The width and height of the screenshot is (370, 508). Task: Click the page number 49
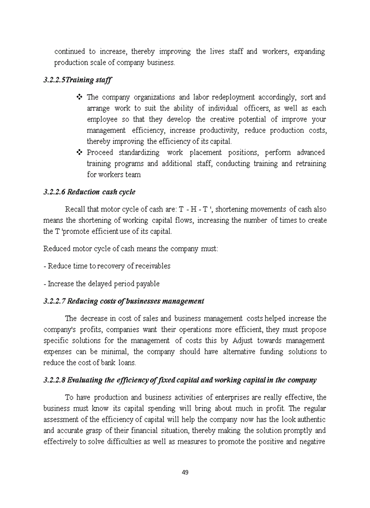pos(185,472)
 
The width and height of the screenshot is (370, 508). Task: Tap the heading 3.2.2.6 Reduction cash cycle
pos(89,192)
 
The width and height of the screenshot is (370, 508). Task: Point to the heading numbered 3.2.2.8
pos(180,380)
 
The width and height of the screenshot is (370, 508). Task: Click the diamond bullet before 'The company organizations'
pos(79,97)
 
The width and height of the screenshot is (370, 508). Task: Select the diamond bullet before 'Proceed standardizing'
pos(79,152)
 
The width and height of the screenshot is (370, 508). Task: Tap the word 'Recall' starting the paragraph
pos(75,208)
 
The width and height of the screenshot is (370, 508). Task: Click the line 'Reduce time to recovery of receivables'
pos(107,266)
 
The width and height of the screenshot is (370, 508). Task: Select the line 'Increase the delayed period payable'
pos(101,284)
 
